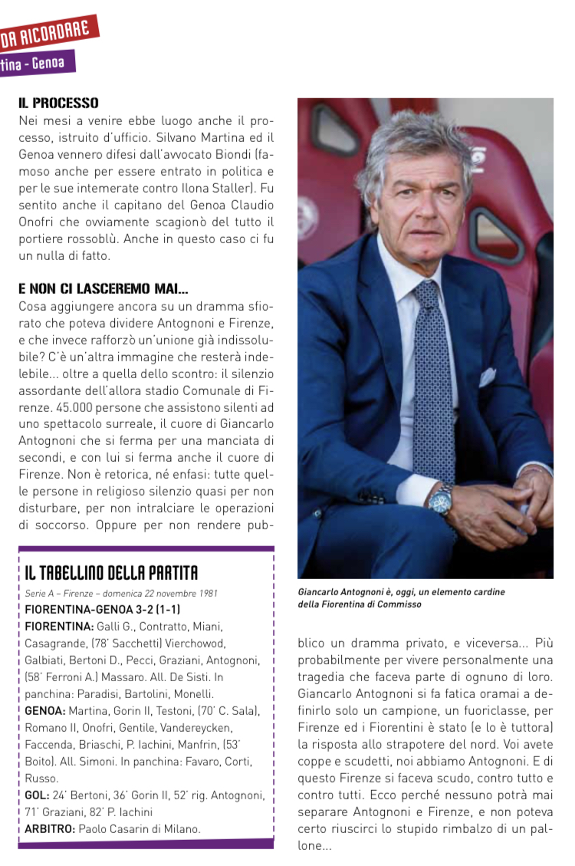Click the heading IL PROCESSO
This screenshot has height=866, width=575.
[x=58, y=102]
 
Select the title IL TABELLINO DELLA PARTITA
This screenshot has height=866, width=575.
[x=111, y=572]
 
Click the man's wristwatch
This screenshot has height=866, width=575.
[x=441, y=502]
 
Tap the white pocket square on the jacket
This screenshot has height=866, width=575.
[x=488, y=377]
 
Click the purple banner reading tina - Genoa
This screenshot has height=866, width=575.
[x=34, y=63]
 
